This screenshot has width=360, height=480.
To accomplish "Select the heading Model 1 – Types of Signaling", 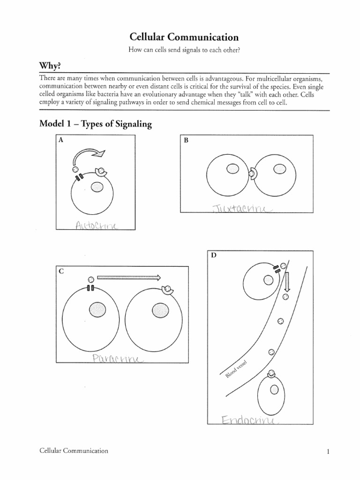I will pos(96,124).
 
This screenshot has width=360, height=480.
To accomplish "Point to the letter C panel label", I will pos(60,270).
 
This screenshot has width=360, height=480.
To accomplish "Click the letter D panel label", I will pos(214,255).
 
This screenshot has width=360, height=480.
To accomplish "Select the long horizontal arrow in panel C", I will pos(128,277).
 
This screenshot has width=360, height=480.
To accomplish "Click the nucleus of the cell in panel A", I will pos(97,187).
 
